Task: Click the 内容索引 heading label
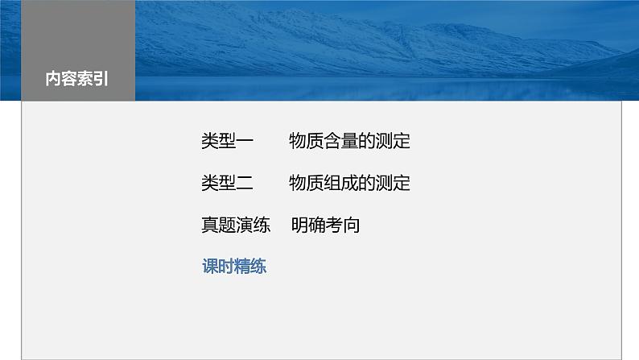pos(77,80)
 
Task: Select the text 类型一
pos(227,142)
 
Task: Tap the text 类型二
pos(227,184)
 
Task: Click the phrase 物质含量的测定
pos(349,142)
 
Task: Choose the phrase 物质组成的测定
pos(349,184)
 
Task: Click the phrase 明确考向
pos(325,226)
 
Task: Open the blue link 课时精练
pos(234,267)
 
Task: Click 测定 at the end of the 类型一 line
pos(394,142)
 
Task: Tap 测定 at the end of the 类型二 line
pos(394,184)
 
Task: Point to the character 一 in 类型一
pos(245,142)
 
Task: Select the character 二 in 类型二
pos(245,184)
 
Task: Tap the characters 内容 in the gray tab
pos(61,80)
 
